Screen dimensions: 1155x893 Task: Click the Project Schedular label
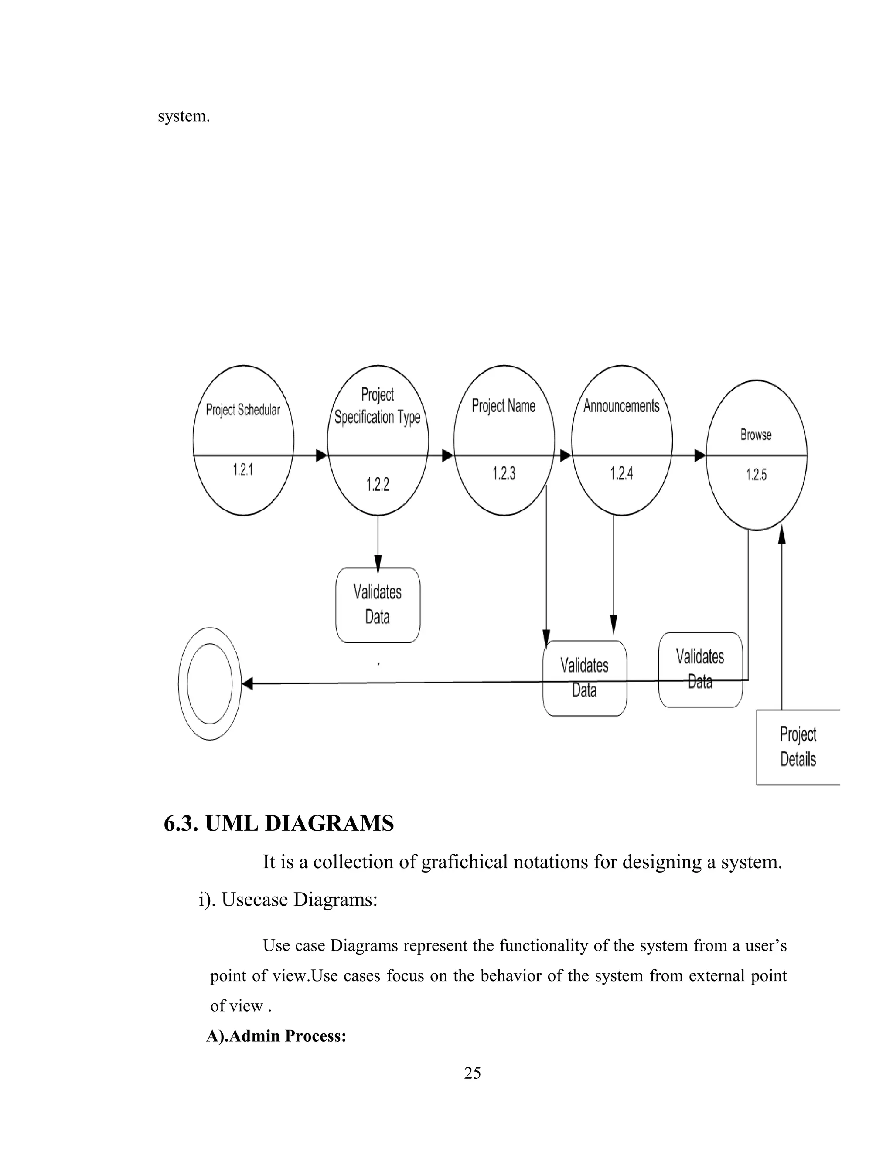coord(243,410)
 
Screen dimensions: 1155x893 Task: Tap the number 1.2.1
coord(243,469)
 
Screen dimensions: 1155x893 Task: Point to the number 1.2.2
coord(378,484)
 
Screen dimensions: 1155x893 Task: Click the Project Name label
coord(504,406)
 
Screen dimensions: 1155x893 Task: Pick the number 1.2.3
coord(504,473)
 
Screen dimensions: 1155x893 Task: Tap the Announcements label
coord(622,406)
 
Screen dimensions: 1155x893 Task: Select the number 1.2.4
coord(622,473)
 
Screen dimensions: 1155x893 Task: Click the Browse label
coord(756,435)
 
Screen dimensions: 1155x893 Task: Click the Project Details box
coord(798,747)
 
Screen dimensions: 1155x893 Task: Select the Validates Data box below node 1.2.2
coord(378,605)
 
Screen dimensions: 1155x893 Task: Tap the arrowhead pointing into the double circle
coord(247,684)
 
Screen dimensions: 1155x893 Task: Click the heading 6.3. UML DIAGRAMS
coord(279,823)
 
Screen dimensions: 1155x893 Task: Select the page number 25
coord(472,1073)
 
